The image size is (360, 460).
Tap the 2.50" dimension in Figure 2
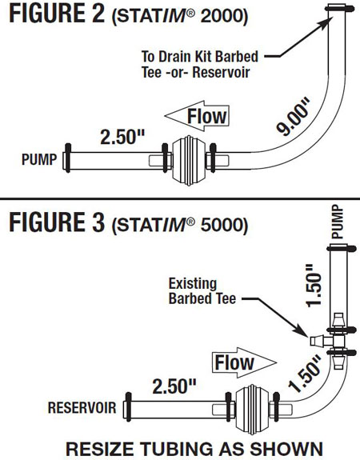coord(122,137)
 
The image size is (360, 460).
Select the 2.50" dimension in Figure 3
coord(174,386)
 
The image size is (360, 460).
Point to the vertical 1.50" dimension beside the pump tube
coord(314,286)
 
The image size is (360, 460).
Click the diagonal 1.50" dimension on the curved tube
coord(305,374)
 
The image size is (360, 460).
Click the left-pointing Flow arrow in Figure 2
coord(197,116)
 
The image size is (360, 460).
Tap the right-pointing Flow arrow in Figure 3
coord(244,362)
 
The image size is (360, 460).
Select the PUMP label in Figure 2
coord(39,159)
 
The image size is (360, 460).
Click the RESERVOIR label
coord(82,408)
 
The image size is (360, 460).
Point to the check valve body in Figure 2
coord(189,161)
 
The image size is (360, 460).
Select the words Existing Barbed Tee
coord(202,291)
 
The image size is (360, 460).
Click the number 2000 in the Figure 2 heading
coord(222,16)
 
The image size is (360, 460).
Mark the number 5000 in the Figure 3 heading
coord(222,225)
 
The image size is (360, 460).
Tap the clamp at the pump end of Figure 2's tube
coord(68,158)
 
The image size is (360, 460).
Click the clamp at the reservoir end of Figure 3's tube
coord(128,407)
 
